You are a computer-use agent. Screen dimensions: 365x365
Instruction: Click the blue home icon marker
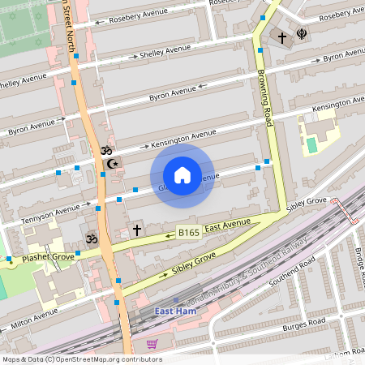182,175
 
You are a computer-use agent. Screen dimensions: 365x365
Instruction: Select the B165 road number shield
189,233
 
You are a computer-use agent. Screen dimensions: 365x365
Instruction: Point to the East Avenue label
227,225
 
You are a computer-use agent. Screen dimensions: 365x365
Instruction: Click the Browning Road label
264,91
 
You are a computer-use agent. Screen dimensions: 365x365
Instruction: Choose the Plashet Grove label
48,257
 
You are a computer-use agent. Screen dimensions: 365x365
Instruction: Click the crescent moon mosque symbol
113,164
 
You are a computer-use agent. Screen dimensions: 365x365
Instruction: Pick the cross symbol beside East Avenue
137,231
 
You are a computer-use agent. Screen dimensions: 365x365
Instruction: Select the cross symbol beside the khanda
282,38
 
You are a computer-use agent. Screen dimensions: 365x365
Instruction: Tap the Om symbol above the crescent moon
105,150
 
